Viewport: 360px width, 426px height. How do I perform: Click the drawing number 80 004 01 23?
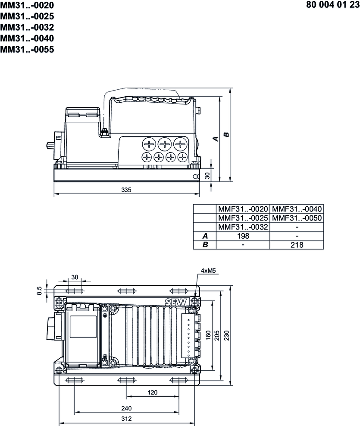click(x=333, y=5)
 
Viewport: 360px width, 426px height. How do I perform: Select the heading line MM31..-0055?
click(x=27, y=50)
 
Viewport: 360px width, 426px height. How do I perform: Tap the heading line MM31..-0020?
click(x=27, y=5)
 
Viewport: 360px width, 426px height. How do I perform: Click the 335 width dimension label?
click(x=126, y=189)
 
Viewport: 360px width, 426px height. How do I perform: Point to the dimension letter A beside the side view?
click(x=216, y=139)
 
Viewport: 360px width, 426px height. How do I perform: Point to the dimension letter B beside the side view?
click(x=226, y=135)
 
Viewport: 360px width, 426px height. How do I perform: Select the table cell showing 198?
click(x=243, y=236)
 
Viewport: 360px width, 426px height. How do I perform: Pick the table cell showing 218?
click(x=297, y=245)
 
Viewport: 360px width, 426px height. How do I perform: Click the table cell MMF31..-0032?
click(x=243, y=227)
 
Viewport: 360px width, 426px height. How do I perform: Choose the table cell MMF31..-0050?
click(x=297, y=218)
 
